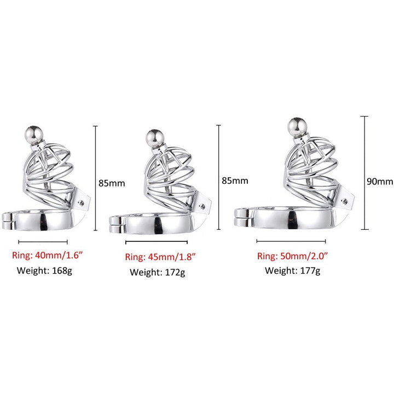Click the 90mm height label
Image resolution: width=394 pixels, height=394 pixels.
click(x=380, y=182)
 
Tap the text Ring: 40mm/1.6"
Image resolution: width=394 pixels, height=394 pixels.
click(x=47, y=256)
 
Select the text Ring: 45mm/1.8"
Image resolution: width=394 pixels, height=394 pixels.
click(x=160, y=257)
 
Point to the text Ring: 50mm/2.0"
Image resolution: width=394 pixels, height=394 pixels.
click(x=292, y=256)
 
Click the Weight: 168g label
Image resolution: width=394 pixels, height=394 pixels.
click(x=44, y=271)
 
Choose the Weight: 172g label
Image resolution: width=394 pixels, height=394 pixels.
click(x=158, y=273)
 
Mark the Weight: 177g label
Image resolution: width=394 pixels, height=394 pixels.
click(x=293, y=271)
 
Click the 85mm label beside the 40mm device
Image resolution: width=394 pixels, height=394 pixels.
click(x=112, y=183)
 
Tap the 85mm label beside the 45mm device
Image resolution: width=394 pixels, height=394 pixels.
click(x=235, y=181)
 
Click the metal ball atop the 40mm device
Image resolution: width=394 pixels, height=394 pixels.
click(x=34, y=135)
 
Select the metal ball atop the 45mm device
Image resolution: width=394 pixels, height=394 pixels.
click(x=155, y=138)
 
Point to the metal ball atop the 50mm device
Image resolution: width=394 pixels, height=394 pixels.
click(x=298, y=127)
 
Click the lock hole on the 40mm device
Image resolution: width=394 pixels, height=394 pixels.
click(x=81, y=203)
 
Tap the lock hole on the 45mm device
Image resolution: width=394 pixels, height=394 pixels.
click(x=202, y=206)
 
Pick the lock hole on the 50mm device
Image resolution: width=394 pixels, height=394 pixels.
click(x=345, y=201)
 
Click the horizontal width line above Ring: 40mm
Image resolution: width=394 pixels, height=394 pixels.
click(x=43, y=242)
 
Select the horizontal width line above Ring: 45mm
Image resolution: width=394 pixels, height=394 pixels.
click(x=157, y=242)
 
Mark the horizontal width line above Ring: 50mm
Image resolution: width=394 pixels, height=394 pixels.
click(x=291, y=241)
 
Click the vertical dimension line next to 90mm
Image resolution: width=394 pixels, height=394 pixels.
click(x=364, y=173)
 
